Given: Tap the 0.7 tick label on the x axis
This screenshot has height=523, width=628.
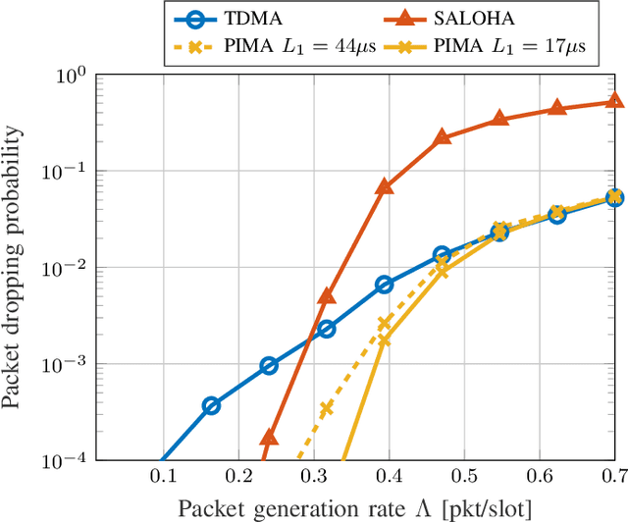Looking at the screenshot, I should pyautogui.click(x=614, y=476).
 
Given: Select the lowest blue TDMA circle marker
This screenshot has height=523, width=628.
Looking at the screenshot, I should pyautogui.click(x=211, y=405).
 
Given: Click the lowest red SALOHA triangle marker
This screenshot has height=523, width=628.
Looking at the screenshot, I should pyautogui.click(x=269, y=437).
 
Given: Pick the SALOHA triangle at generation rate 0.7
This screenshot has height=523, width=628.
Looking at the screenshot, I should pyautogui.click(x=614, y=100).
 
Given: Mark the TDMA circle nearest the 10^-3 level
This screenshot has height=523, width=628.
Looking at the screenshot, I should pyautogui.click(x=269, y=365).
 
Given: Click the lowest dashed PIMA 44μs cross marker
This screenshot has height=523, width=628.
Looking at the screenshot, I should pyautogui.click(x=327, y=408).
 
